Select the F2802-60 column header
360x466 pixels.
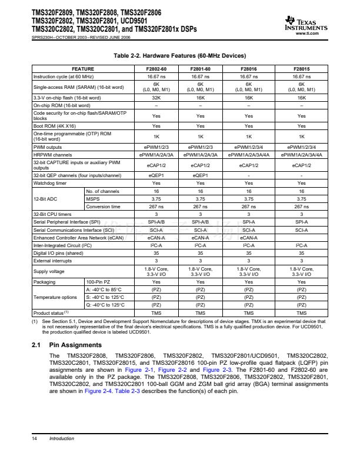pos(156,69)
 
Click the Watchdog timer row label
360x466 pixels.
pos(49,183)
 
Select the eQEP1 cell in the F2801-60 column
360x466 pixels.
pos(201,175)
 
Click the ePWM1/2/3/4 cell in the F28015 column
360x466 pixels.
pos(302,147)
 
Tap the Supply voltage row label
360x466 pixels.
pos(48,271)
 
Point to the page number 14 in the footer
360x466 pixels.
pos(35,438)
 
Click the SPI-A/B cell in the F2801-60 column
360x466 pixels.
pos(201,222)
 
